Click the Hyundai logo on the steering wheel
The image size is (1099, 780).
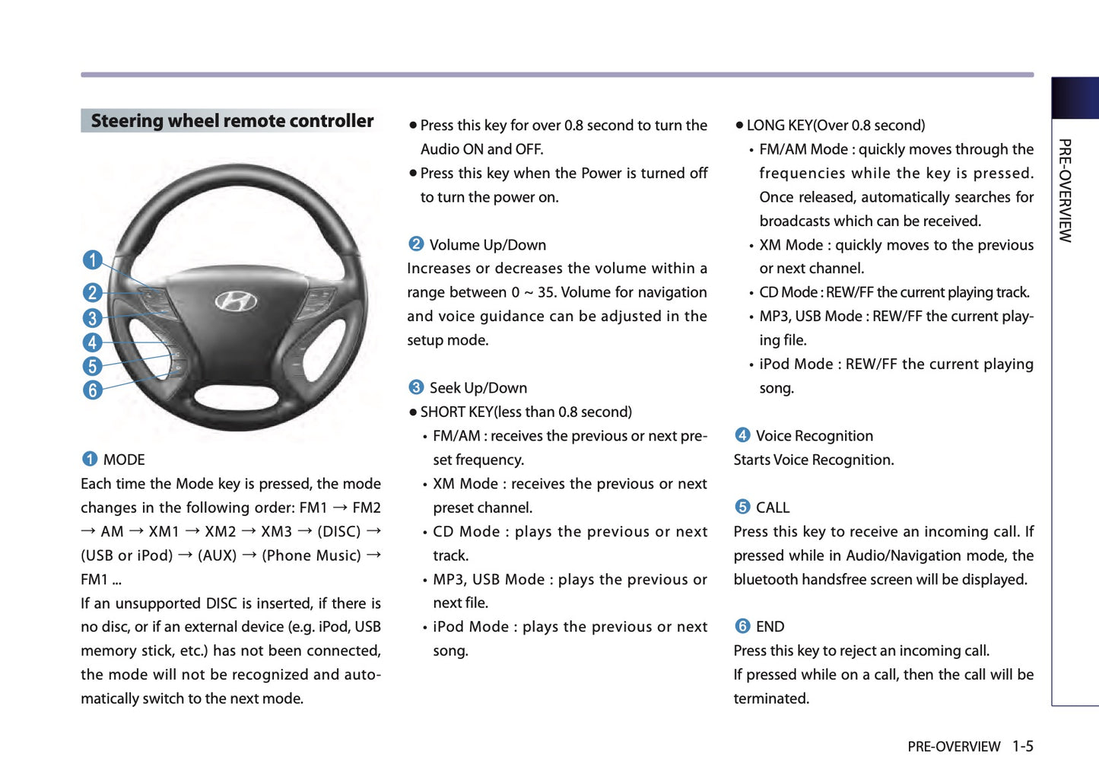(x=236, y=302)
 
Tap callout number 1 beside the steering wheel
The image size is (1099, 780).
(x=93, y=260)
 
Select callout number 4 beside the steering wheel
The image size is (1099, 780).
(x=93, y=342)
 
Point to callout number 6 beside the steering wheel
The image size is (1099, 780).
(x=93, y=390)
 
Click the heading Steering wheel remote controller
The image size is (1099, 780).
(x=232, y=121)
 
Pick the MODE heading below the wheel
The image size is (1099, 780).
(x=124, y=460)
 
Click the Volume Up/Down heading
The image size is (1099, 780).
(x=488, y=245)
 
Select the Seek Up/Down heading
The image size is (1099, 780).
(x=478, y=388)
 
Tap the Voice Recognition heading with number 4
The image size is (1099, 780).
(x=814, y=436)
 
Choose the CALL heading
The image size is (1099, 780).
(x=773, y=508)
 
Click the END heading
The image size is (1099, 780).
(x=770, y=627)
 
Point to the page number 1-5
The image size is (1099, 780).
(x=1022, y=747)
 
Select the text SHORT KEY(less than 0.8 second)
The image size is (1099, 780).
(x=526, y=412)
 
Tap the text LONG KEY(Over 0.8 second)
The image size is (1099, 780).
(x=835, y=126)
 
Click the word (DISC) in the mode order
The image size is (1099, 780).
(x=339, y=531)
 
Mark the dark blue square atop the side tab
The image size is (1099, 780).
(x=1075, y=98)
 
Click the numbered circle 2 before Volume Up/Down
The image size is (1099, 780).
(x=416, y=244)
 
